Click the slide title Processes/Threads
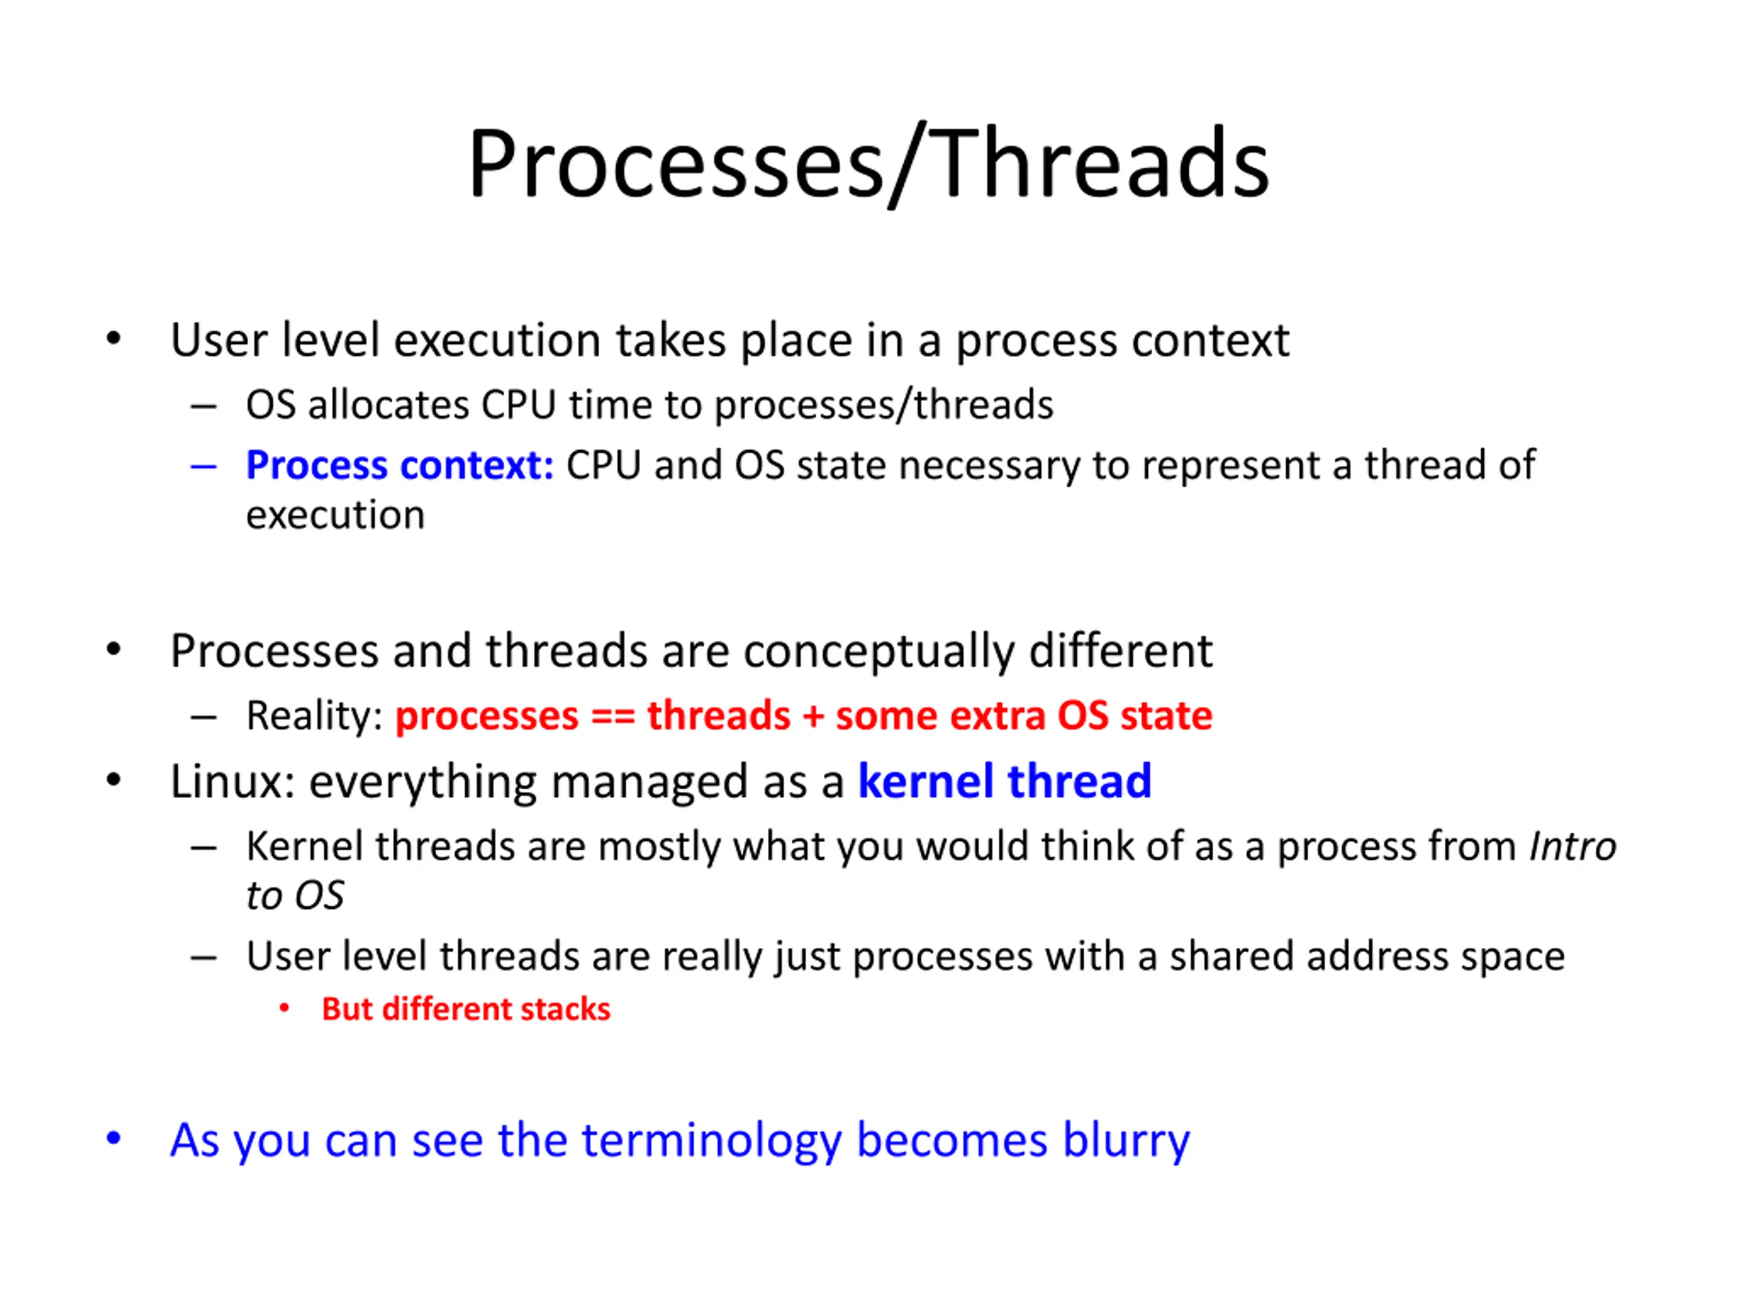tap(868, 165)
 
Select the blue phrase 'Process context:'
tap(400, 465)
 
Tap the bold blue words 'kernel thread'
tap(1004, 782)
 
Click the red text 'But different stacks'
tap(465, 1009)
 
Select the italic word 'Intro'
tap(1573, 847)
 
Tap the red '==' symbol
tap(613, 716)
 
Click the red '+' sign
tap(813, 716)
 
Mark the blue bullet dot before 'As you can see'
tap(114, 1138)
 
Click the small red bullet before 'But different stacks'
tap(284, 1008)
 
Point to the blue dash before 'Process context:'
tap(204, 466)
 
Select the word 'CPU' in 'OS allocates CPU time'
tap(518, 405)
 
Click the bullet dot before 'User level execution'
tap(114, 339)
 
